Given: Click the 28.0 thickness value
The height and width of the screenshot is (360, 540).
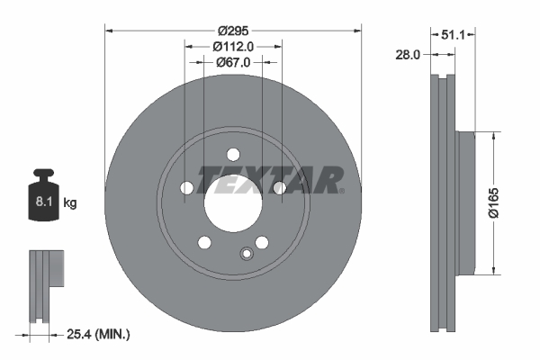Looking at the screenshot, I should click(409, 55).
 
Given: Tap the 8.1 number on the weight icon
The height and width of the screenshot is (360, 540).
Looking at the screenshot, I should click(42, 203).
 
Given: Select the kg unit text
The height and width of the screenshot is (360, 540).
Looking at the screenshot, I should click(70, 203).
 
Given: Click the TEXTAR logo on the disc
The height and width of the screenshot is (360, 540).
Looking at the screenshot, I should click(270, 179).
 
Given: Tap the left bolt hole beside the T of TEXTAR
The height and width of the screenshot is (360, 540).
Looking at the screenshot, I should click(187, 187).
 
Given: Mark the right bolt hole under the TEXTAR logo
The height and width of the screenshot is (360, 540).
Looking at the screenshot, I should click(279, 187).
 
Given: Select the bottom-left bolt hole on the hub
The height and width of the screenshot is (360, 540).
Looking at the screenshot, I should click(204, 242).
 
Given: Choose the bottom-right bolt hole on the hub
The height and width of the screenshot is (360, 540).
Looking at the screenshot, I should click(262, 242).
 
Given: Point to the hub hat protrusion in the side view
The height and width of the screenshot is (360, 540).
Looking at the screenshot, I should click(464, 202).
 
